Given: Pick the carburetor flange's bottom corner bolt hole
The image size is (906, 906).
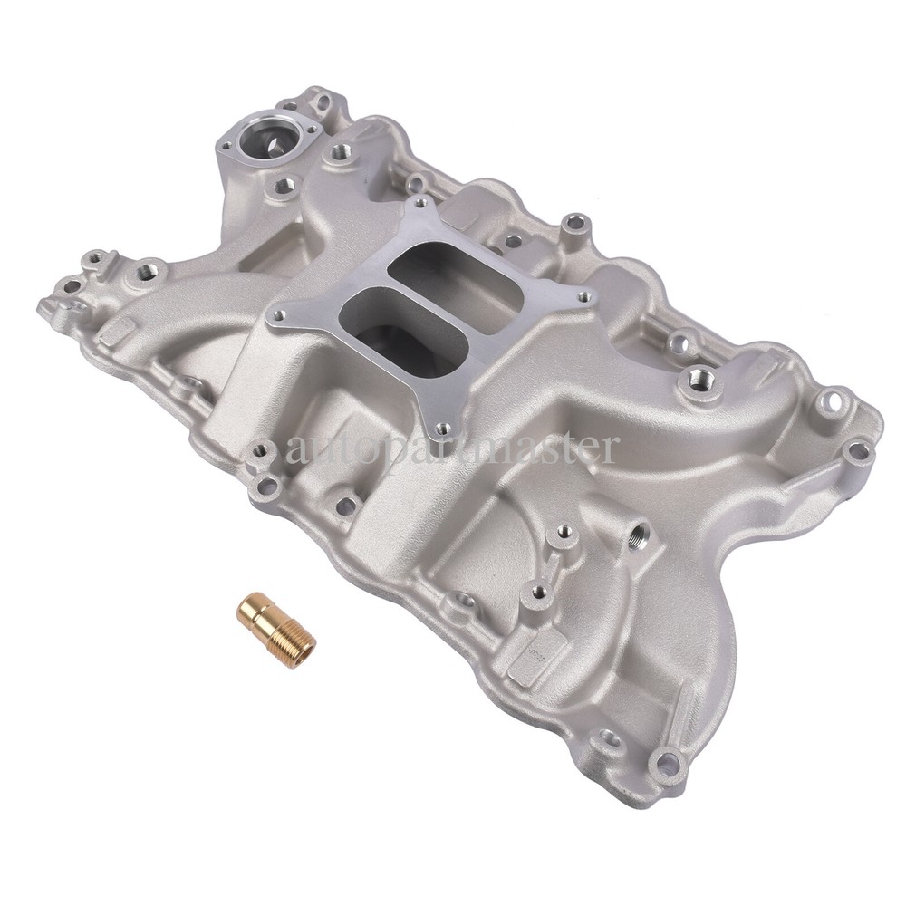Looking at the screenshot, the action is coord(442,429).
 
